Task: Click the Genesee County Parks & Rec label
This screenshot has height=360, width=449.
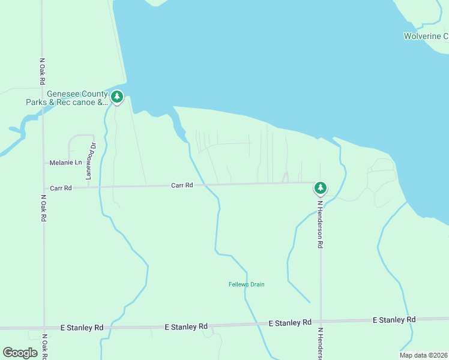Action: click(x=66, y=98)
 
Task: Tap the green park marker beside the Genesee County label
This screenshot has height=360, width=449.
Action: click(x=117, y=97)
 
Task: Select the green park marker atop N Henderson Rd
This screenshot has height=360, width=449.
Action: click(x=321, y=188)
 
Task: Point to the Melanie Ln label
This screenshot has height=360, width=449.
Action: click(x=66, y=163)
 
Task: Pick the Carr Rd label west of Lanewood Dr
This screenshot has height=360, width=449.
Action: click(x=61, y=188)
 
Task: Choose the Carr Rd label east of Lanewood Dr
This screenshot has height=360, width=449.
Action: click(x=182, y=185)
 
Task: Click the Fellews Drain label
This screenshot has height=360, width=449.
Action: click(x=246, y=284)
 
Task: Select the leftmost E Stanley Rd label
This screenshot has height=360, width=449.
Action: click(x=82, y=328)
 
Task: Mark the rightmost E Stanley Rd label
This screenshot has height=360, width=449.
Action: click(x=394, y=320)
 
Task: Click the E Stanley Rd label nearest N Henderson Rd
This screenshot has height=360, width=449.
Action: click(x=290, y=323)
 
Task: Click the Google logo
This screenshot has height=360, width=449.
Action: click(x=20, y=353)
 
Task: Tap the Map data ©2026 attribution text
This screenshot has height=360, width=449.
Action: click(x=424, y=355)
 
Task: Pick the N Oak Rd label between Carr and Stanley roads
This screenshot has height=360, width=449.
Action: click(x=43, y=208)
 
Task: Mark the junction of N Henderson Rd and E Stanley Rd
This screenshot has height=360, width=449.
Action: click(x=321, y=322)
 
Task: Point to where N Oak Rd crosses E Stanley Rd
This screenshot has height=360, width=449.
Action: click(x=44, y=328)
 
